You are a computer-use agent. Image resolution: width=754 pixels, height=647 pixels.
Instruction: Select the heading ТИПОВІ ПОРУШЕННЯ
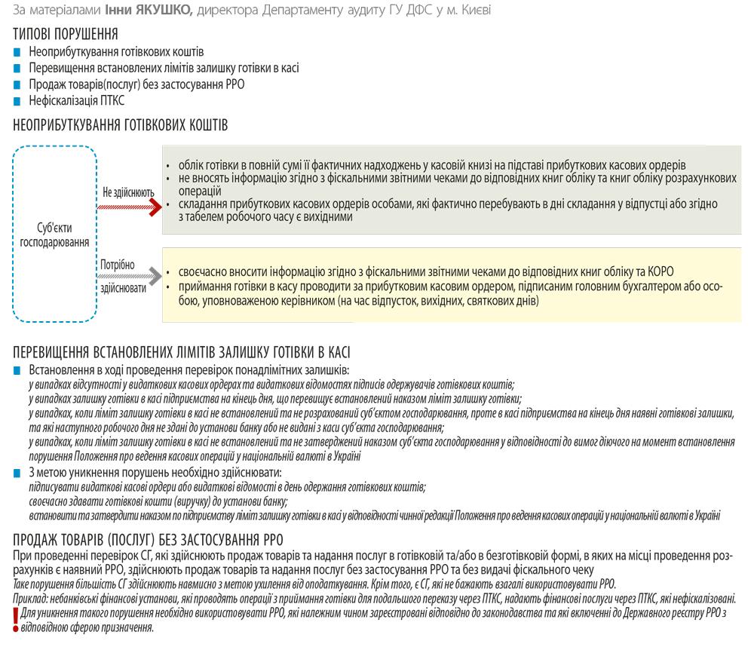point(66,35)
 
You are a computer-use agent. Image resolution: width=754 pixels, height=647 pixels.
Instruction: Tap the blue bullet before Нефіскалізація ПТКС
point(17,100)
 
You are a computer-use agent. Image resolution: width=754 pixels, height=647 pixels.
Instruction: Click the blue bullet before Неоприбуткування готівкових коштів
point(17,52)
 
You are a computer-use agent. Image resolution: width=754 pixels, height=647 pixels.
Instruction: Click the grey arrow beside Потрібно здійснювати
point(131,277)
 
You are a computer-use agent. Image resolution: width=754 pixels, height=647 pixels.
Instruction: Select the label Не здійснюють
point(128,192)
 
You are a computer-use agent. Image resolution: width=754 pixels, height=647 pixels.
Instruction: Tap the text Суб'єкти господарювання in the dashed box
point(55,235)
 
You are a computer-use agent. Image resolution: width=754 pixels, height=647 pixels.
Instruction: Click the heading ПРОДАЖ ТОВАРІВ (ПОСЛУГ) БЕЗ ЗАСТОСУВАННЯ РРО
point(148,539)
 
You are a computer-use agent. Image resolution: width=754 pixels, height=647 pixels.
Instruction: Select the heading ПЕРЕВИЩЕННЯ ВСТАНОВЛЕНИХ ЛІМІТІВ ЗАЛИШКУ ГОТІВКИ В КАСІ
point(182,353)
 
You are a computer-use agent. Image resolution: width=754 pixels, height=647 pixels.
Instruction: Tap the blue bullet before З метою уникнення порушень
point(17,473)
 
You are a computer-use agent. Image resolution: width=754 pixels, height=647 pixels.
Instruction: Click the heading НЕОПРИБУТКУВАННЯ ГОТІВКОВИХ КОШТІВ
point(121,125)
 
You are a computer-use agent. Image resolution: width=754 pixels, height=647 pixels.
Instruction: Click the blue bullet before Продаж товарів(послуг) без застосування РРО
point(17,84)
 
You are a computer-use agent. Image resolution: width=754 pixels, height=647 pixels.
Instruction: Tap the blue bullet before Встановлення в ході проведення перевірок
point(17,370)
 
